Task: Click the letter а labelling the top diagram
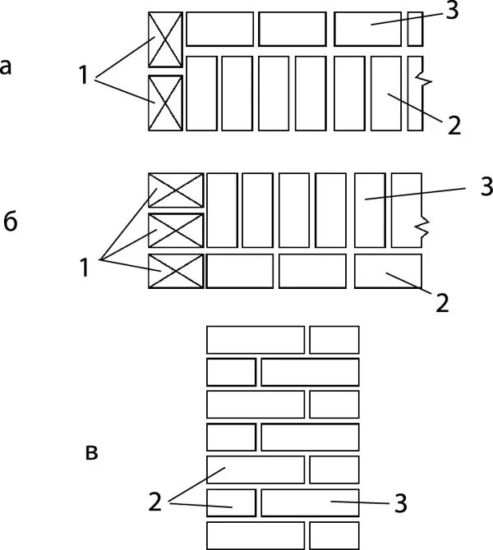click(x=7, y=66)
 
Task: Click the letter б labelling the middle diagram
click(x=11, y=223)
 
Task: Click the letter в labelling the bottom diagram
click(x=93, y=451)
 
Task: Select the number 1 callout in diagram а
click(x=84, y=77)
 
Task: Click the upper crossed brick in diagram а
click(x=164, y=39)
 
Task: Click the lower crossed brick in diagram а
click(x=164, y=103)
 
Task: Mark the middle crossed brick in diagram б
click(x=175, y=231)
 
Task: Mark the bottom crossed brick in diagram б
click(x=175, y=272)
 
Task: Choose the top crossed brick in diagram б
click(x=175, y=190)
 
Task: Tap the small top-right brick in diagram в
click(x=334, y=339)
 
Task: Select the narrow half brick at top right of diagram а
click(x=415, y=29)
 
